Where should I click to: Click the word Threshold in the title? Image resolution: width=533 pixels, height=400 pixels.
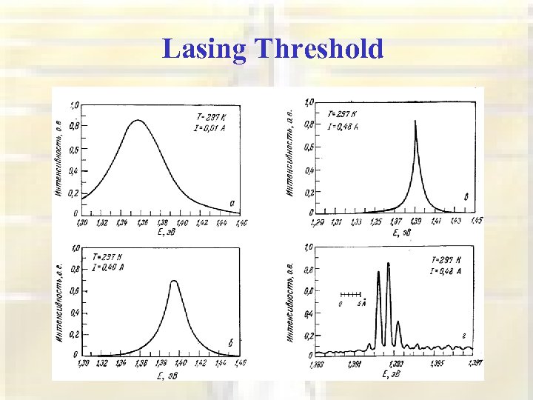coord(318,50)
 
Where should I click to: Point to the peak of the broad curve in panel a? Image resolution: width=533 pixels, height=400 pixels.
coord(138,120)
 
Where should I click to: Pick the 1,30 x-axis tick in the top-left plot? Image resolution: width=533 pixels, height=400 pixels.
coord(81,221)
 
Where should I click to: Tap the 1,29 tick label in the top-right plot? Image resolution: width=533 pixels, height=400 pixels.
coord(317,221)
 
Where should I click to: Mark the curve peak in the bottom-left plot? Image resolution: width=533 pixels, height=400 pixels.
coord(174,281)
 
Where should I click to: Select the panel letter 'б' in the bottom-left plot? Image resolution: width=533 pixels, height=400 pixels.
coord(231,341)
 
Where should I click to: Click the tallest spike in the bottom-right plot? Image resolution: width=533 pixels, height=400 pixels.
coord(389,264)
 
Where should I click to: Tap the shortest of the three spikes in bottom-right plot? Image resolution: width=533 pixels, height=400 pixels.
coord(398,322)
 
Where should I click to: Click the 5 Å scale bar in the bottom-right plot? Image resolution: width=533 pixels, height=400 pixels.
coord(351,295)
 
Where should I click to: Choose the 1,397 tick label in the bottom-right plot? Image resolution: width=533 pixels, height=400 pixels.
coord(475,363)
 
